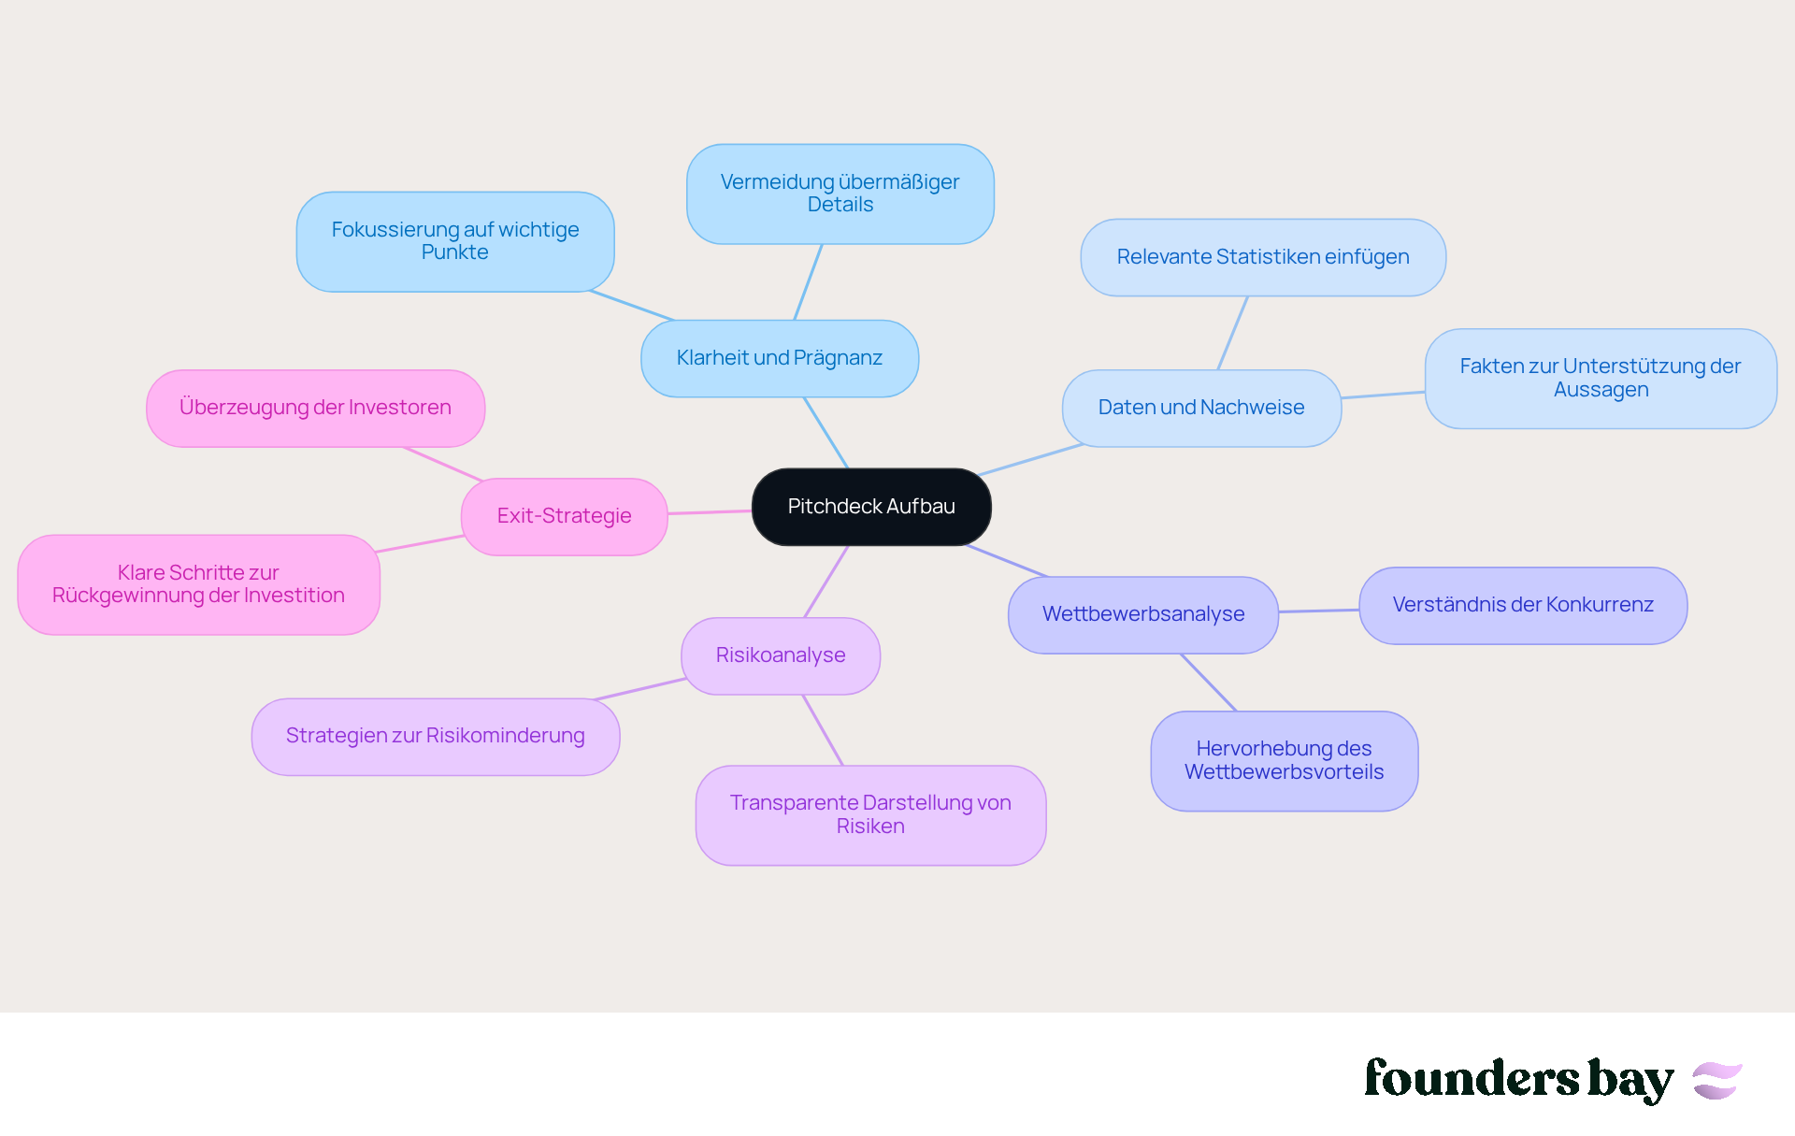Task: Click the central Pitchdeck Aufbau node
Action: point(871,507)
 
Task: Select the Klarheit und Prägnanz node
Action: point(780,358)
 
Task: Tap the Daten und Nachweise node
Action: point(1201,408)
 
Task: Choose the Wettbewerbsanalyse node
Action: point(1143,614)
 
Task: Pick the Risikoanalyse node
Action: point(781,655)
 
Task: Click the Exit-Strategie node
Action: point(564,516)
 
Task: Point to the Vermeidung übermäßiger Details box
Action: point(840,194)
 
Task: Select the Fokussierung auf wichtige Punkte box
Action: point(455,241)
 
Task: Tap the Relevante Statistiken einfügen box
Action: point(1263,257)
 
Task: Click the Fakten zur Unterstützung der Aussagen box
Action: point(1601,378)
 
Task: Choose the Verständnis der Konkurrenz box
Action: point(1523,605)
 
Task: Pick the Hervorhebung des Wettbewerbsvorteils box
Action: point(1285,760)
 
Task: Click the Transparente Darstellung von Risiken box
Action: point(870,814)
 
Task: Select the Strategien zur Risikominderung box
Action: point(436,736)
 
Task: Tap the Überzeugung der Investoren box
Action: point(315,408)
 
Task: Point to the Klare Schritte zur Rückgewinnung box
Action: point(198,584)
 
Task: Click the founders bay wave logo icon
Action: point(1717,1080)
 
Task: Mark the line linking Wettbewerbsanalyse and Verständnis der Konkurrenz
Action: point(1318,611)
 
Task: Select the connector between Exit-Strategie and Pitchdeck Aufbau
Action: point(710,511)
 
